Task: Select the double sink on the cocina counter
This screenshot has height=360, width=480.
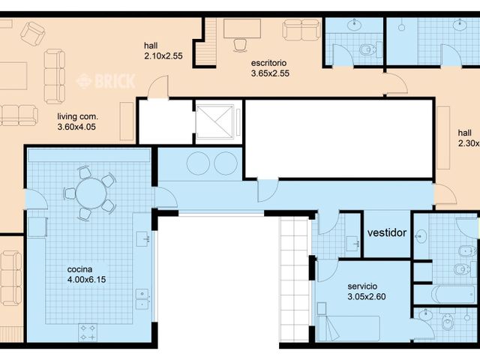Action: (142, 299)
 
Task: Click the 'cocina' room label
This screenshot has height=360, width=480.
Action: (80, 270)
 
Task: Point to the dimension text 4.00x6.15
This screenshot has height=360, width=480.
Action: (87, 280)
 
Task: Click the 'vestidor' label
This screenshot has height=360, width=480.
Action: (387, 232)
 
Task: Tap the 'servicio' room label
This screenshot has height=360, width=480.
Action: (362, 286)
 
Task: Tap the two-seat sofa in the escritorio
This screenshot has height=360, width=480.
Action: (301, 30)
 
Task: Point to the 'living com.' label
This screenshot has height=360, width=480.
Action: (78, 117)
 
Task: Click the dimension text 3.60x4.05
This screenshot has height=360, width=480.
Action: (77, 127)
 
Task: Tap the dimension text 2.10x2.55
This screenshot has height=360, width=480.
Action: (163, 55)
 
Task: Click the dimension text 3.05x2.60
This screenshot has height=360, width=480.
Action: (367, 297)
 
